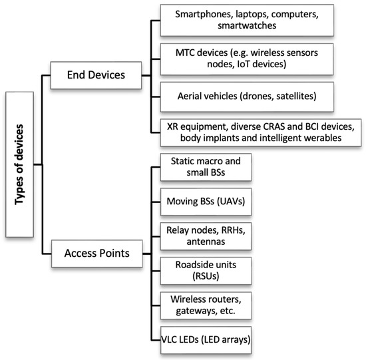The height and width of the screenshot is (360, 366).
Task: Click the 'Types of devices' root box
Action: pyautogui.click(x=18, y=163)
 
